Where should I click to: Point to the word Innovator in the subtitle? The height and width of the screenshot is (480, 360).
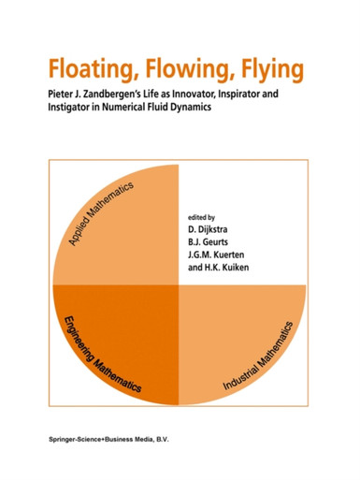coord(191,94)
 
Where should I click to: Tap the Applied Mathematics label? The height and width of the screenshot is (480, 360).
coord(101,213)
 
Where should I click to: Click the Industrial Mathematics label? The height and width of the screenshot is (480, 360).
coord(258,356)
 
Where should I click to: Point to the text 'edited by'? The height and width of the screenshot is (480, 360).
coord(201,217)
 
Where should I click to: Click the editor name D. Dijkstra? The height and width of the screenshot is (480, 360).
coord(208,229)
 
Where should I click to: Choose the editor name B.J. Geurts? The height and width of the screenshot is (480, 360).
coord(208,242)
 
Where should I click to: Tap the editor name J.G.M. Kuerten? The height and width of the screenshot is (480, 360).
coord(216,255)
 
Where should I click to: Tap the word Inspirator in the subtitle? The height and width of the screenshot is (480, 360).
coord(238,95)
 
